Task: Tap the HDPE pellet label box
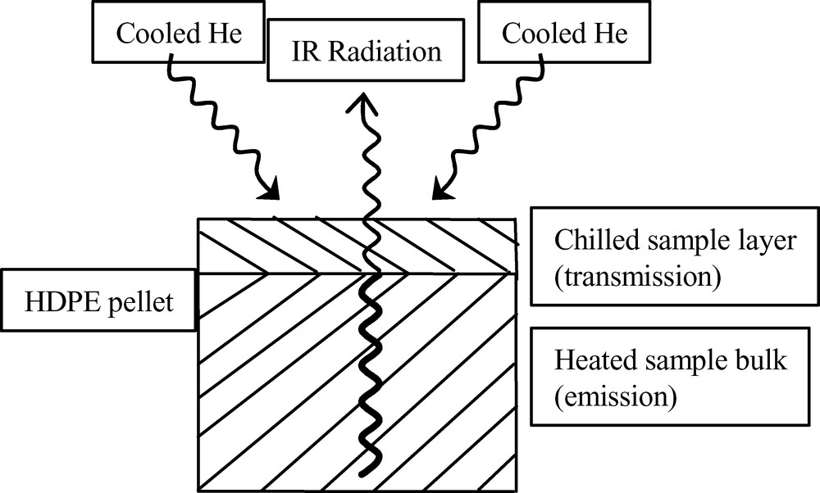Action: (99, 305)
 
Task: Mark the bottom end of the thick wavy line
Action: (373, 460)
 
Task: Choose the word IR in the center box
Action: (304, 53)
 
